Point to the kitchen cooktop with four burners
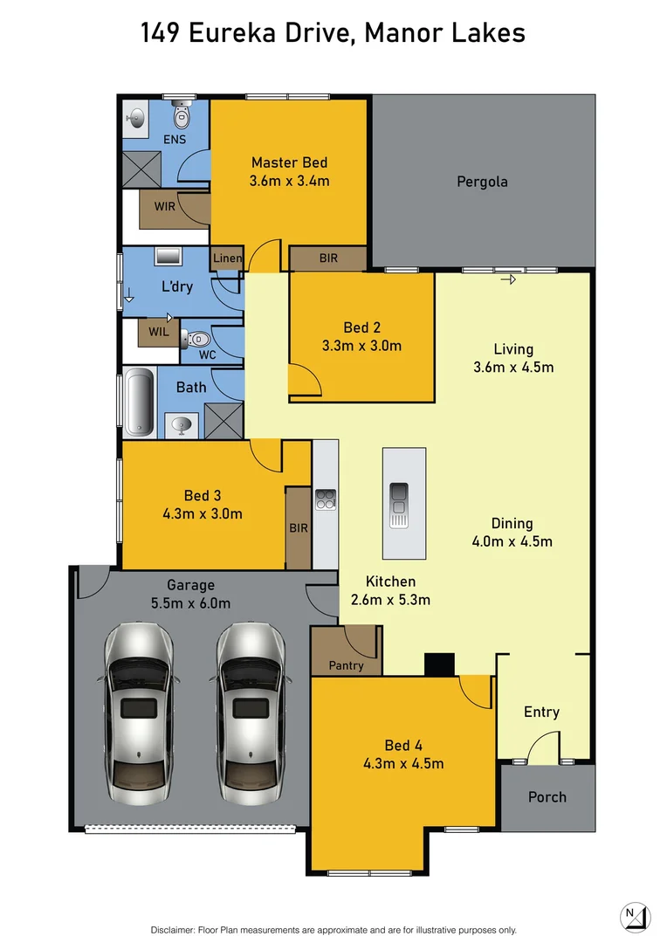(x=326, y=499)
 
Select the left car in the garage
(x=137, y=712)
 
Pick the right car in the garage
(x=250, y=712)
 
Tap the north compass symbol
(x=636, y=917)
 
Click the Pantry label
(x=347, y=665)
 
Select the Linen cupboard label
(x=227, y=258)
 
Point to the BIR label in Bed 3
(x=299, y=528)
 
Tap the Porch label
(x=547, y=796)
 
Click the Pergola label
(x=482, y=182)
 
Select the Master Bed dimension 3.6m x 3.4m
(x=290, y=181)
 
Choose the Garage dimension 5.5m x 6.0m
(x=190, y=602)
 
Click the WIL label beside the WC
(x=158, y=332)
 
